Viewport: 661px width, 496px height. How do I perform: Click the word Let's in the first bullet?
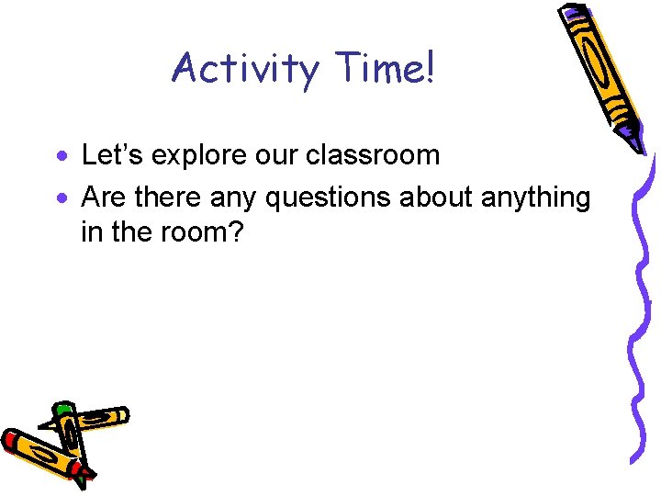[113, 154]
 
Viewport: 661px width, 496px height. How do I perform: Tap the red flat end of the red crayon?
[10, 440]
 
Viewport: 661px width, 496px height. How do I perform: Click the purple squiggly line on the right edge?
[642, 303]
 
